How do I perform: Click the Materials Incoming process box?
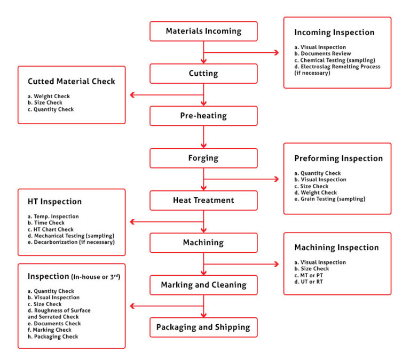click(x=203, y=31)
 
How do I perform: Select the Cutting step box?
click(x=203, y=74)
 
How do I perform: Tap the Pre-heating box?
click(x=203, y=116)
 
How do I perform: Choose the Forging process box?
click(x=203, y=158)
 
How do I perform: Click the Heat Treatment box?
click(x=203, y=200)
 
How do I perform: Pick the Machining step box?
click(x=203, y=242)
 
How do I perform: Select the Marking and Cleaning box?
click(x=203, y=285)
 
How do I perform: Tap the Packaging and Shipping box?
click(x=203, y=327)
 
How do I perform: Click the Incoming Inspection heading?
click(x=334, y=33)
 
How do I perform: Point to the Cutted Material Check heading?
click(x=72, y=82)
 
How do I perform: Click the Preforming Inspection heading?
click(x=338, y=158)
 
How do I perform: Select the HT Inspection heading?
click(x=54, y=202)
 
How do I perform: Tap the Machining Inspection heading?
click(x=336, y=247)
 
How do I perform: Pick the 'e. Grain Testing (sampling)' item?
click(x=329, y=199)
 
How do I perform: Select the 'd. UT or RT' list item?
click(x=309, y=282)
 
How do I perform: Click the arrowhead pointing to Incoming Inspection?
click(x=277, y=53)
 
